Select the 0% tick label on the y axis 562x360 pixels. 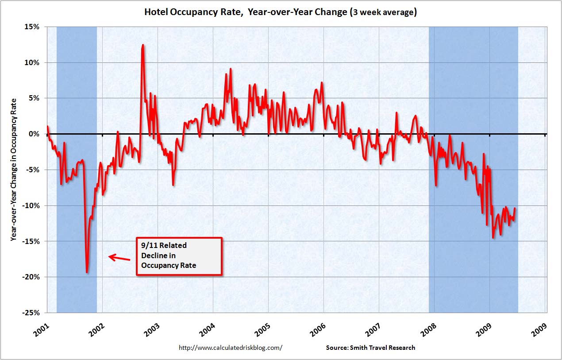[x=35, y=134]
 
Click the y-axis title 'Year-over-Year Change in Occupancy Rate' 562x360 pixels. [x=15, y=169]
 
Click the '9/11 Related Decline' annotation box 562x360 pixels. [x=178, y=256]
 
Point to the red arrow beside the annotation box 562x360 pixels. [x=119, y=257]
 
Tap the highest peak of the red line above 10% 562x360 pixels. [x=142, y=45]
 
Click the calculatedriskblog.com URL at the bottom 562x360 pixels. [x=230, y=348]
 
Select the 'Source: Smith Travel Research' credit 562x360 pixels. [x=370, y=348]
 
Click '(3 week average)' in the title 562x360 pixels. [x=383, y=12]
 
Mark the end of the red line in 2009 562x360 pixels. [x=515, y=208]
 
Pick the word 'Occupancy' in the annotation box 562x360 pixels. [x=158, y=265]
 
